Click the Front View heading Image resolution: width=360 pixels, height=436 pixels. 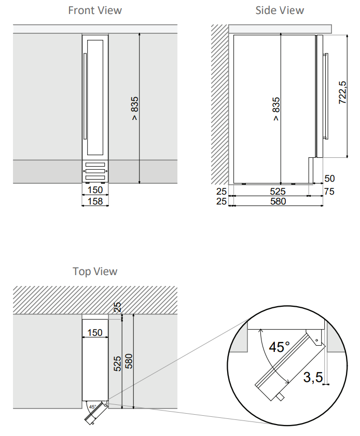(x=95, y=10)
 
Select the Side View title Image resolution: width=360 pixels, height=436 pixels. (x=280, y=10)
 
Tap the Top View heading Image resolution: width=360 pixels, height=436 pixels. (x=95, y=271)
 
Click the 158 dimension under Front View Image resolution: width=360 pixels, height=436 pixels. (x=95, y=201)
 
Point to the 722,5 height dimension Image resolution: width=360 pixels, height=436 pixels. (x=342, y=92)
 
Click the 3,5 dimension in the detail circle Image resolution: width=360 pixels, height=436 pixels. (x=313, y=377)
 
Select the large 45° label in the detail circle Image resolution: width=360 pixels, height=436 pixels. (x=279, y=347)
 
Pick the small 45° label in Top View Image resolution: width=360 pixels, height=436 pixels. (x=92, y=406)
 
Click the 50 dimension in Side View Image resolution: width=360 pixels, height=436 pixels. (x=329, y=178)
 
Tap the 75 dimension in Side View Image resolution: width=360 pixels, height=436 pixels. (x=329, y=192)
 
